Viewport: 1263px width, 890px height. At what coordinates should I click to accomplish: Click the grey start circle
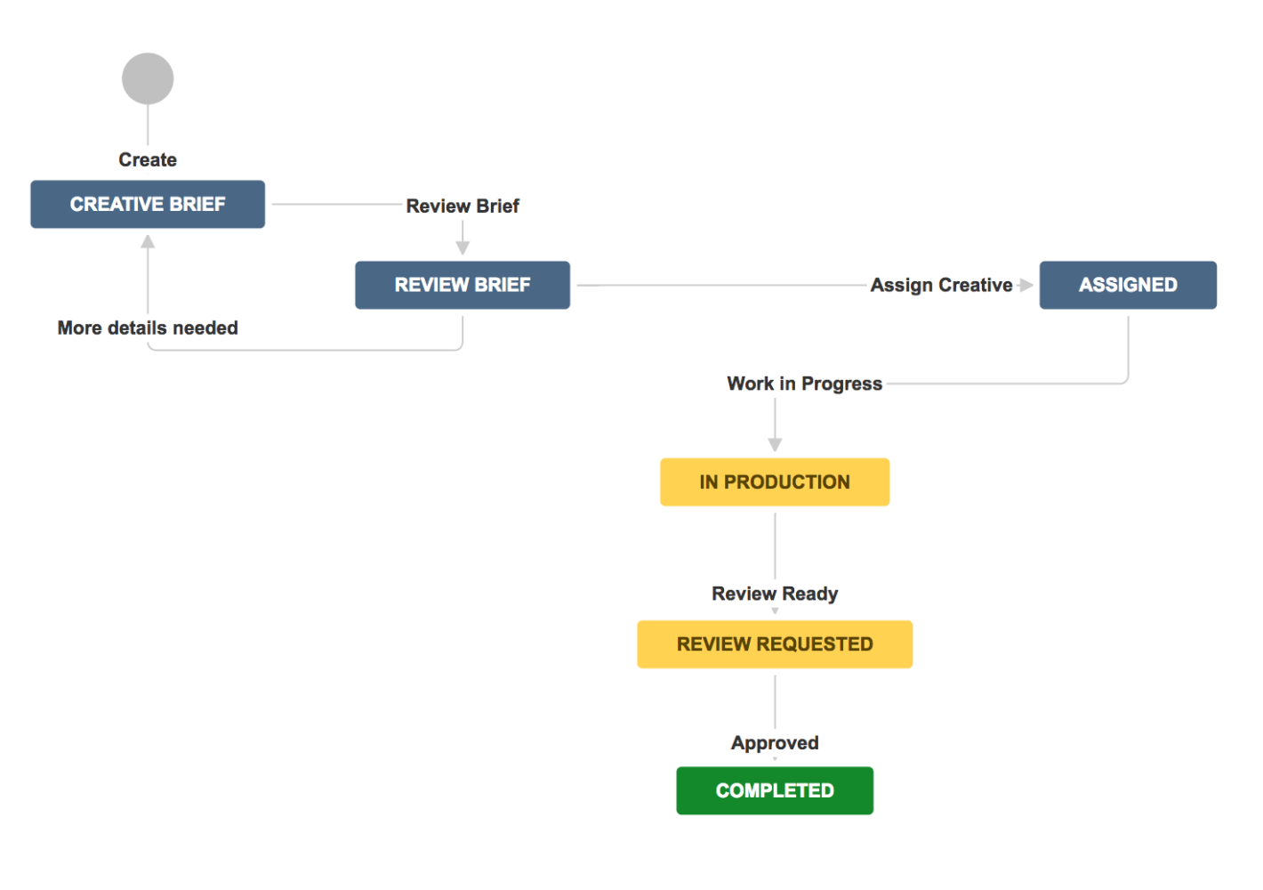(148, 78)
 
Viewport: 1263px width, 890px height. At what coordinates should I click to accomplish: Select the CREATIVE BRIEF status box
(148, 204)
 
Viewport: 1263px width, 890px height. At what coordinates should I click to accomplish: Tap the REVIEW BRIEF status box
(463, 285)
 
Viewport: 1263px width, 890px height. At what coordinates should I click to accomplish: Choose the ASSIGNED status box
(1128, 285)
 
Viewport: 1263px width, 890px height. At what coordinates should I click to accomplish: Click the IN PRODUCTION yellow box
(775, 482)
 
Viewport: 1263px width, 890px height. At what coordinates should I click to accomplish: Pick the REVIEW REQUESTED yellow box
(775, 644)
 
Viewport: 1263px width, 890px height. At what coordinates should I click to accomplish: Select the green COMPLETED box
(775, 790)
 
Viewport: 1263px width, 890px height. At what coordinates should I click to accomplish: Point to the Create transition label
(148, 160)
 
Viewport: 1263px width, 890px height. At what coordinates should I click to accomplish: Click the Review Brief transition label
(463, 206)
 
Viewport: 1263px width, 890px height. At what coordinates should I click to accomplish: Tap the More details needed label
(148, 328)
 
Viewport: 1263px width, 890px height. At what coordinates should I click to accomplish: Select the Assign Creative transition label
(941, 286)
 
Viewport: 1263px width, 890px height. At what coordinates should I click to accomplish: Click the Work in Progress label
(804, 384)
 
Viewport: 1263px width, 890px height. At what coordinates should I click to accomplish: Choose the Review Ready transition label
(775, 594)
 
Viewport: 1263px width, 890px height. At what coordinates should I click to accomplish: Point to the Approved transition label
(775, 743)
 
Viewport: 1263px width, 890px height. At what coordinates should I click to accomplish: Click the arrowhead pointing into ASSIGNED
(1026, 285)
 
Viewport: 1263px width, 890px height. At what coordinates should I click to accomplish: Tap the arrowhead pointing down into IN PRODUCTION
(775, 444)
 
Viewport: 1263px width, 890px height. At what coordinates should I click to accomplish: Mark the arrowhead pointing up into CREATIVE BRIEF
(148, 241)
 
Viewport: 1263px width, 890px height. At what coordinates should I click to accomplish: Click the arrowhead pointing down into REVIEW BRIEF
(463, 247)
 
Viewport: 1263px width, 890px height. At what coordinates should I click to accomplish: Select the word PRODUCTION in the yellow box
(787, 482)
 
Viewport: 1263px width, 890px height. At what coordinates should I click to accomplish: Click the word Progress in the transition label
(841, 384)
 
